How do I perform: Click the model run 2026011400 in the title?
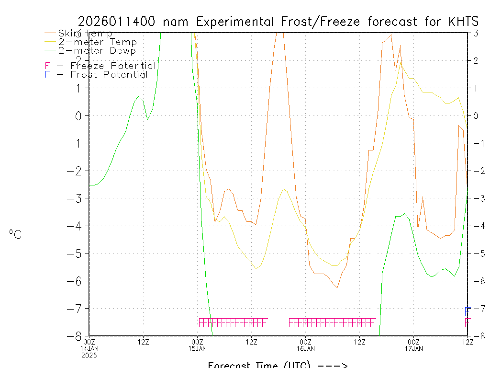pos(118,22)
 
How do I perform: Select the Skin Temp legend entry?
pos(85,34)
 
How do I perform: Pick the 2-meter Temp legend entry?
pos(97,42)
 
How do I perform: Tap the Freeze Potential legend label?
pos(113,66)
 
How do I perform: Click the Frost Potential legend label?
pos(109,75)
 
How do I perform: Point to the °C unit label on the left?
pos(15,234)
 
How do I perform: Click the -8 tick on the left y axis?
pos(78,336)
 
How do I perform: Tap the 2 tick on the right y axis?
pos(476,60)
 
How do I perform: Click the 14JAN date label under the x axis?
pos(89,348)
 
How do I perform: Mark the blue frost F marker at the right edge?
pos(467,311)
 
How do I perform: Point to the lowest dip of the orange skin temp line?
pos(337,287)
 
